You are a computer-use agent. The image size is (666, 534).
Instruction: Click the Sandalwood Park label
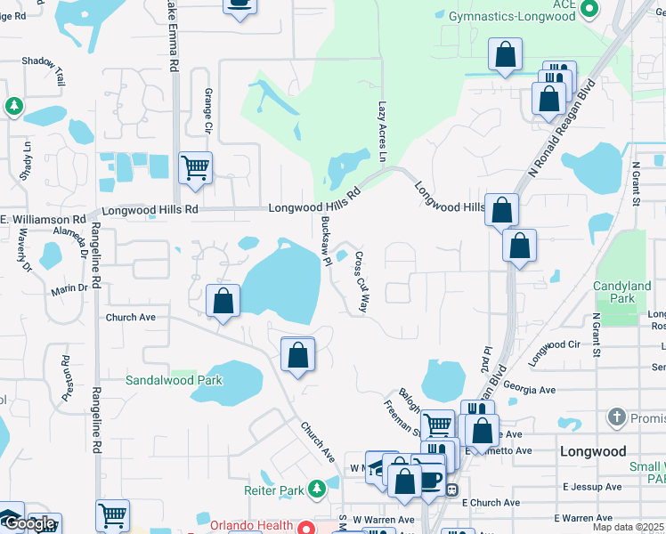click(173, 380)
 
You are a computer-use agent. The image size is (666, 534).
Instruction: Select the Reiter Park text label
click(274, 489)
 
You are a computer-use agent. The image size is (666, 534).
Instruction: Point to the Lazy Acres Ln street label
click(384, 131)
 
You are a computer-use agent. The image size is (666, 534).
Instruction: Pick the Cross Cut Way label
click(362, 280)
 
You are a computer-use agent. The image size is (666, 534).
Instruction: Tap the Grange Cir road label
click(209, 111)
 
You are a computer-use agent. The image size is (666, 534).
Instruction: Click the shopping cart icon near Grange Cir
click(194, 166)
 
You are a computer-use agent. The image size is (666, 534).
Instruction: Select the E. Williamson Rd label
click(43, 219)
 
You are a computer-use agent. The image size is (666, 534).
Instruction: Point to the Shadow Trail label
click(44, 69)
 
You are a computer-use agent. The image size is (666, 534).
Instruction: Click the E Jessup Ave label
click(592, 487)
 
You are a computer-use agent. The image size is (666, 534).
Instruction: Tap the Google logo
click(31, 524)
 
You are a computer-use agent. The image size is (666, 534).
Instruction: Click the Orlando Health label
click(251, 525)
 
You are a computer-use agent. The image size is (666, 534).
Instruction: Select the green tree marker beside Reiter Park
click(316, 489)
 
